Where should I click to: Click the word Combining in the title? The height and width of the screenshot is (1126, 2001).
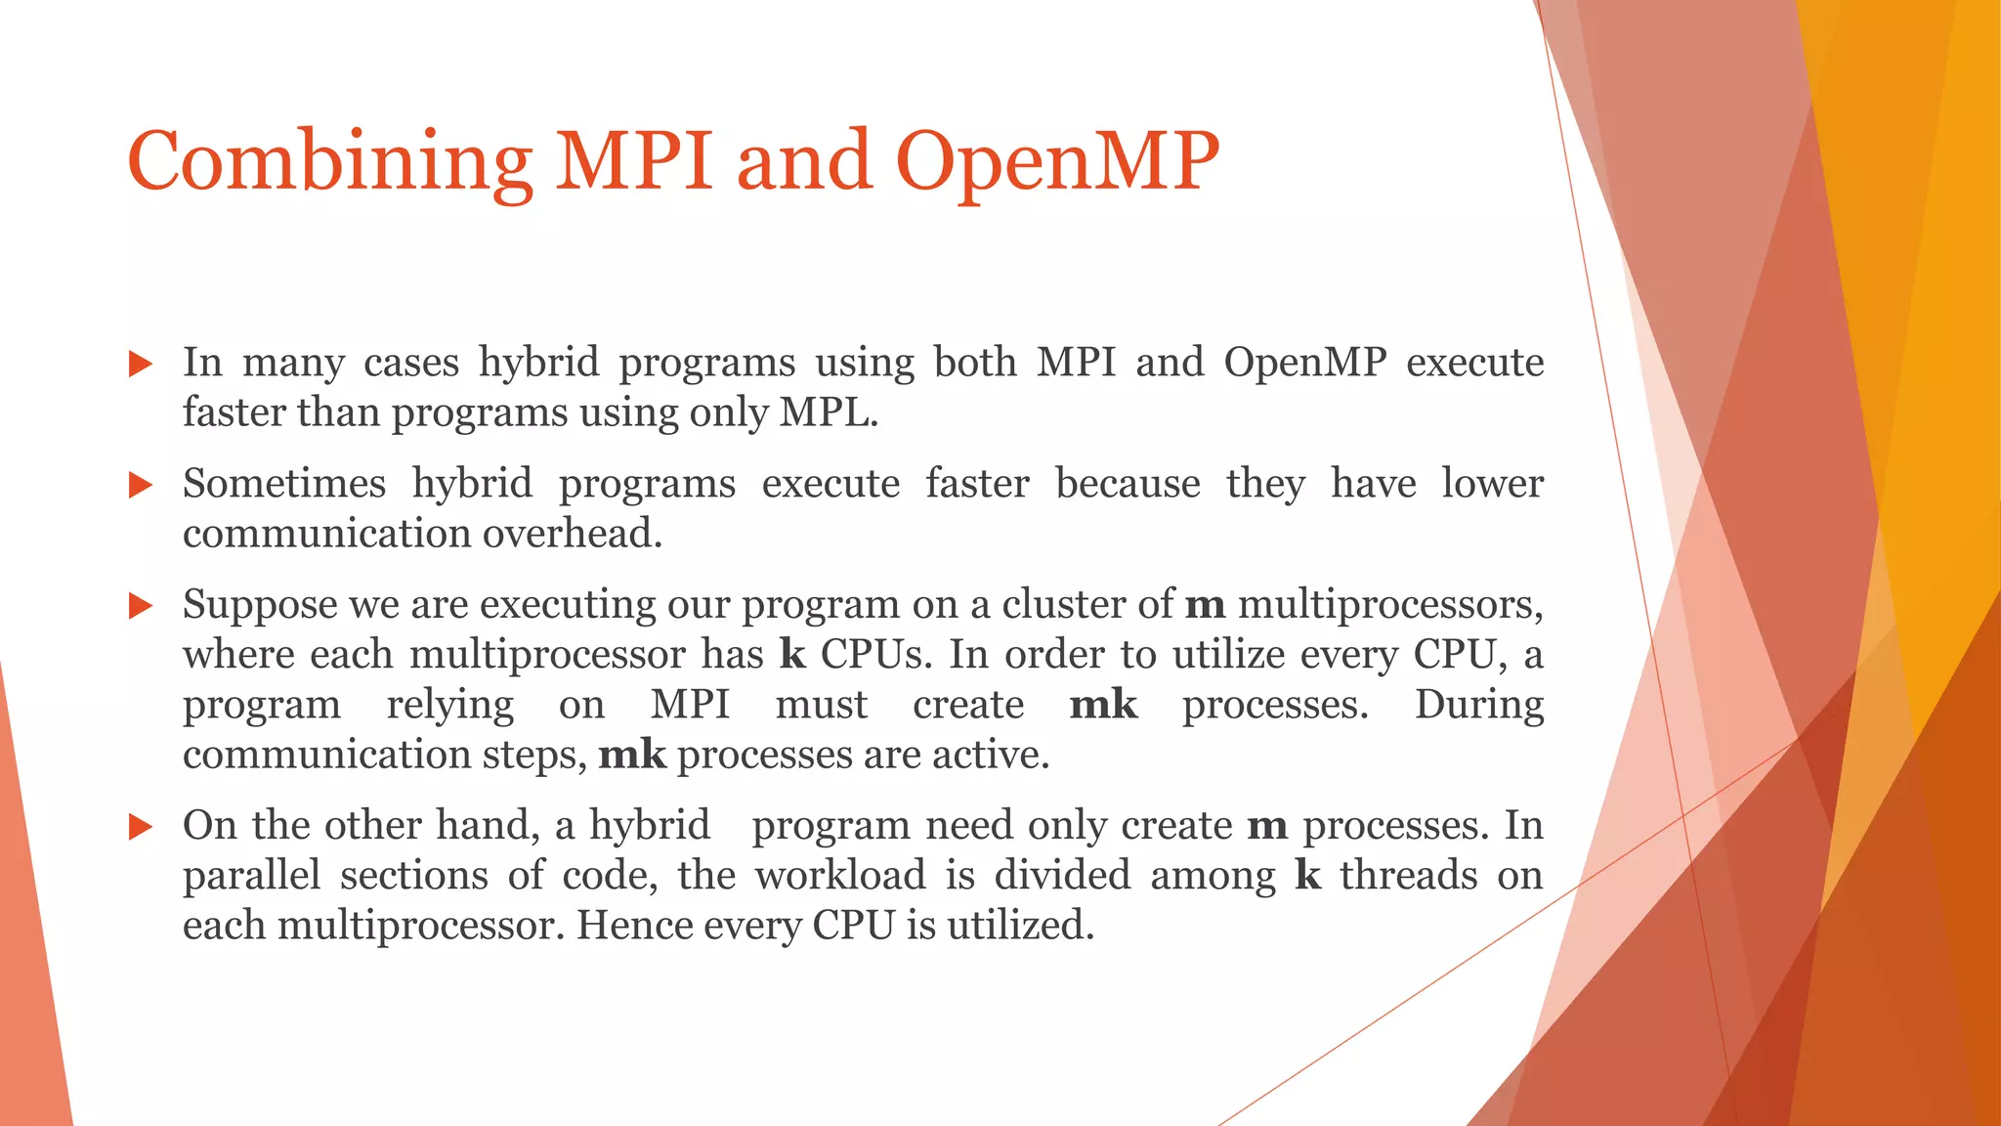click(329, 161)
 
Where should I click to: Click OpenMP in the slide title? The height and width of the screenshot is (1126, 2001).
click(1057, 161)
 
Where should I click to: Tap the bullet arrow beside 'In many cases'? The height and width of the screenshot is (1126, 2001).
click(141, 365)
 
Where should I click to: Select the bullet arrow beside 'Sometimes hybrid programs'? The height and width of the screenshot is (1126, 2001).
click(141, 485)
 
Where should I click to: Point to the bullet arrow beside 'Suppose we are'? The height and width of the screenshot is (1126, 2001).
click(141, 606)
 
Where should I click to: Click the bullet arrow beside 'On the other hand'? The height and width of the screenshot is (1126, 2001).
click(141, 828)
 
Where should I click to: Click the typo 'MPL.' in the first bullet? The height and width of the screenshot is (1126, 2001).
click(829, 412)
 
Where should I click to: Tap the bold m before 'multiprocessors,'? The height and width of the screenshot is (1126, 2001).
click(1205, 605)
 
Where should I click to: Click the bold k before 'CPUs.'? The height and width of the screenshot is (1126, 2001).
click(792, 655)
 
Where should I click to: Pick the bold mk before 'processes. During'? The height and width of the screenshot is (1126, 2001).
click(1103, 705)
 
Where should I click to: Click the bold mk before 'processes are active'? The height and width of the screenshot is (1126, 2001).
click(632, 755)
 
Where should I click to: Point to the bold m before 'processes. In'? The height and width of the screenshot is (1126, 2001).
click(1266, 827)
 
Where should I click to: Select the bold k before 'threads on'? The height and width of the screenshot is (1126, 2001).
click(1307, 876)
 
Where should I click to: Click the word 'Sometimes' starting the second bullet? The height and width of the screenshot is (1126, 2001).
click(284, 484)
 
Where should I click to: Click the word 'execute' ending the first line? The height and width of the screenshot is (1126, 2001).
click(1474, 363)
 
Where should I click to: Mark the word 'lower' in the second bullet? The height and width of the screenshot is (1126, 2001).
click(1492, 484)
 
